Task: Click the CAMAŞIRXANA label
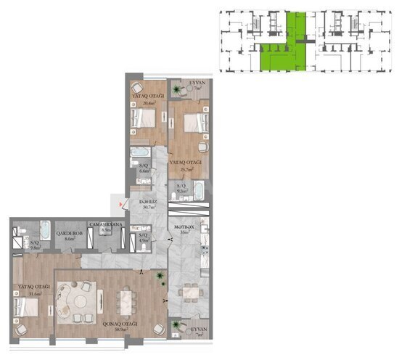105,225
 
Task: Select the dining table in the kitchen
190,292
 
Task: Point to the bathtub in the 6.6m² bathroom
140,153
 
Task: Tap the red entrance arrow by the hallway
112,205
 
